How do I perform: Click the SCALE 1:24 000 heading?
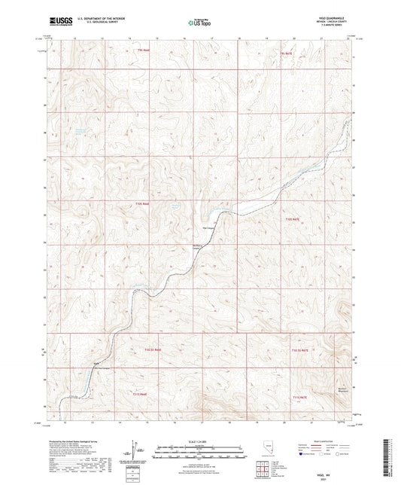coord(199,441)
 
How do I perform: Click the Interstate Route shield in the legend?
coord(302,454)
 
